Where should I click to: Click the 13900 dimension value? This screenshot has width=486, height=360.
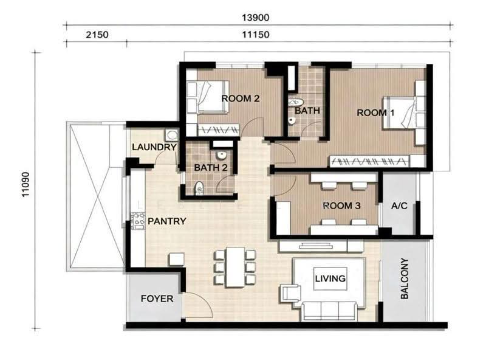[x=255, y=18]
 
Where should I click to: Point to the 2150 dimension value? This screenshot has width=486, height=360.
[x=97, y=35]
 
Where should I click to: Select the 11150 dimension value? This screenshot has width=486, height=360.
[x=255, y=35]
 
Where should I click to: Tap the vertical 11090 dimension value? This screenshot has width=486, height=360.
[x=26, y=184]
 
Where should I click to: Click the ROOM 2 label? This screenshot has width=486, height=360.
[x=241, y=99]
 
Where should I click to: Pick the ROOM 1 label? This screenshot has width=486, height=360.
[x=375, y=112]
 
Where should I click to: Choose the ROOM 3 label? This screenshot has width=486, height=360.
[x=341, y=206]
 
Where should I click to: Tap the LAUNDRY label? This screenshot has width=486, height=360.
[x=154, y=147]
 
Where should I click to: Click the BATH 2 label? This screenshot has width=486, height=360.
[x=211, y=168]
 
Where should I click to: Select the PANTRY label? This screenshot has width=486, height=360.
[x=166, y=221]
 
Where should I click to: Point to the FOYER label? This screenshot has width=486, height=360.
[x=157, y=299]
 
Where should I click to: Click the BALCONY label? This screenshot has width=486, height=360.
[x=405, y=279]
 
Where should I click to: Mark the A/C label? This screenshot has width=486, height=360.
[x=399, y=206]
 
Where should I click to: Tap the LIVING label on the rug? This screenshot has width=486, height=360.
[x=330, y=279]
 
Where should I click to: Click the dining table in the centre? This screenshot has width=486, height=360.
[x=235, y=267]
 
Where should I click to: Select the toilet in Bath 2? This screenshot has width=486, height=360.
[x=199, y=189]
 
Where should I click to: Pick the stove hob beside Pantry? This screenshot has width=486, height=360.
[x=138, y=221]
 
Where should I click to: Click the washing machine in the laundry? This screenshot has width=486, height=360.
[x=171, y=135]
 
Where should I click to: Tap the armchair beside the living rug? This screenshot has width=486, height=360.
[x=290, y=293]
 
